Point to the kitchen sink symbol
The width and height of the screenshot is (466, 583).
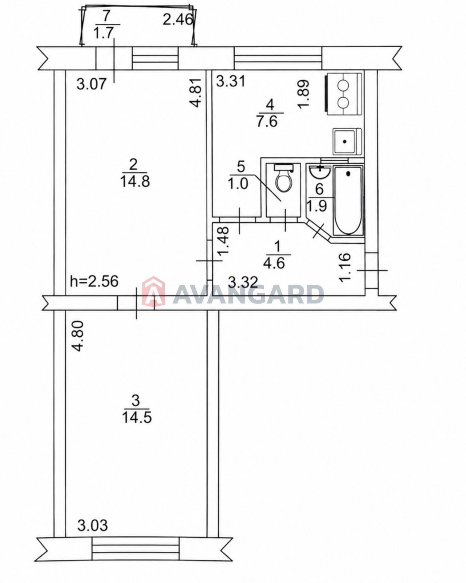click(x=347, y=141)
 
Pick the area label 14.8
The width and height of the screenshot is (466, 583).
click(x=135, y=181)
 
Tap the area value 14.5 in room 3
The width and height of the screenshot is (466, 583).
click(x=137, y=417)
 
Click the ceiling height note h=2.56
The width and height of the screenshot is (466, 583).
click(x=94, y=281)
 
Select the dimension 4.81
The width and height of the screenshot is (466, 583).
click(x=196, y=93)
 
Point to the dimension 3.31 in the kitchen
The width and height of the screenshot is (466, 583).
click(x=231, y=81)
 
